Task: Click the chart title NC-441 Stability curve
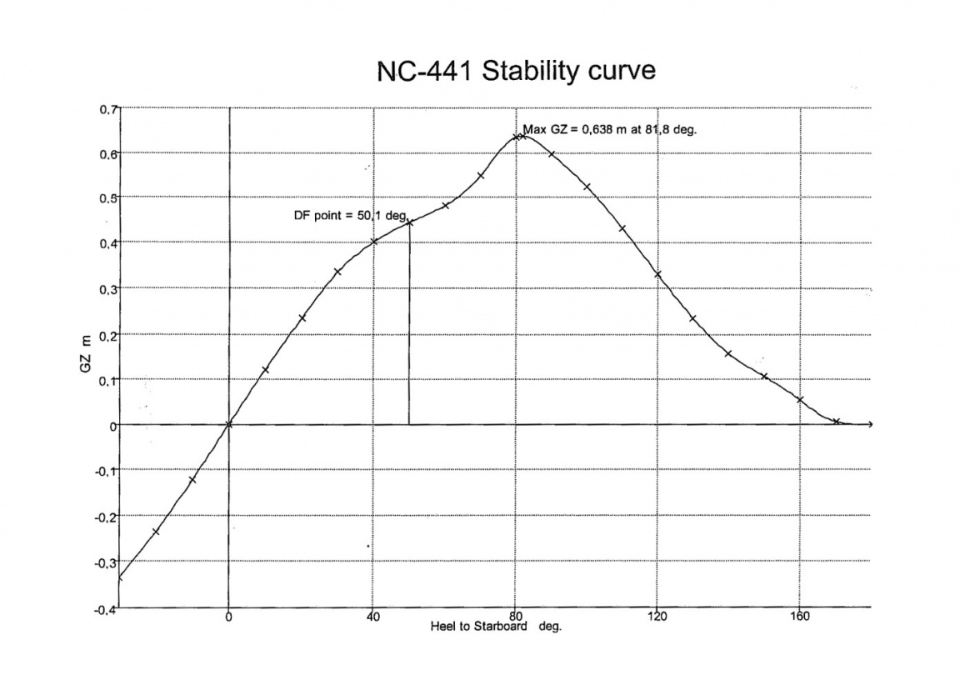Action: click(x=517, y=72)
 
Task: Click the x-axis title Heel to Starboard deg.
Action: click(x=496, y=626)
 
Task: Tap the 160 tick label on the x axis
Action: click(x=800, y=617)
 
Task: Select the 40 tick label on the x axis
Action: click(x=372, y=617)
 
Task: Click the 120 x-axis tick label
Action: click(x=657, y=617)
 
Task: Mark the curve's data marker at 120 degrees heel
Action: click(x=657, y=274)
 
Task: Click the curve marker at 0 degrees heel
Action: click(x=229, y=425)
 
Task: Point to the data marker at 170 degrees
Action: click(x=837, y=422)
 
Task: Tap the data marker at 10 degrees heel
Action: click(x=265, y=370)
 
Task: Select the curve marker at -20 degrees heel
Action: click(x=157, y=532)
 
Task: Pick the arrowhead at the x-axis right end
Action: click(x=870, y=425)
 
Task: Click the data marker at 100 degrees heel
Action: click(x=587, y=187)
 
